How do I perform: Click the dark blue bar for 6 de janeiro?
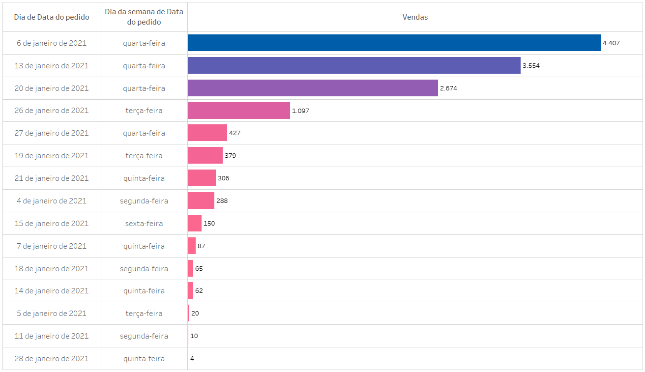(x=393, y=43)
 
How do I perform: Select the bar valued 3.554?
(x=354, y=65)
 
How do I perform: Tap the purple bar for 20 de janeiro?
(x=312, y=88)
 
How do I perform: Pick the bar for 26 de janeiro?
(x=238, y=111)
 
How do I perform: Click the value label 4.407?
(x=611, y=43)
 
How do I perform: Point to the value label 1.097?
(x=300, y=111)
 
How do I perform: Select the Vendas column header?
(x=415, y=17)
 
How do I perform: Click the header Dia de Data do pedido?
(x=52, y=17)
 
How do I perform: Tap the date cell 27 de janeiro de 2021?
(x=52, y=133)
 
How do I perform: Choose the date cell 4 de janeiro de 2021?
(x=52, y=200)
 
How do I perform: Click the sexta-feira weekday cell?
(x=144, y=223)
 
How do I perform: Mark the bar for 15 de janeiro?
(x=194, y=223)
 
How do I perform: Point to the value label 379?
(x=230, y=156)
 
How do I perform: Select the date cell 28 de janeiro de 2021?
(x=52, y=359)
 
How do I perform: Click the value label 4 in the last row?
(x=192, y=359)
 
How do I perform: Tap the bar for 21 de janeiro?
(x=202, y=178)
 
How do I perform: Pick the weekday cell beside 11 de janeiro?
(x=144, y=336)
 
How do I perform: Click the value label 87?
(x=201, y=246)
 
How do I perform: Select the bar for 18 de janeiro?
(x=190, y=268)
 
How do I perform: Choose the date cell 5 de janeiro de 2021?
(x=52, y=314)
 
